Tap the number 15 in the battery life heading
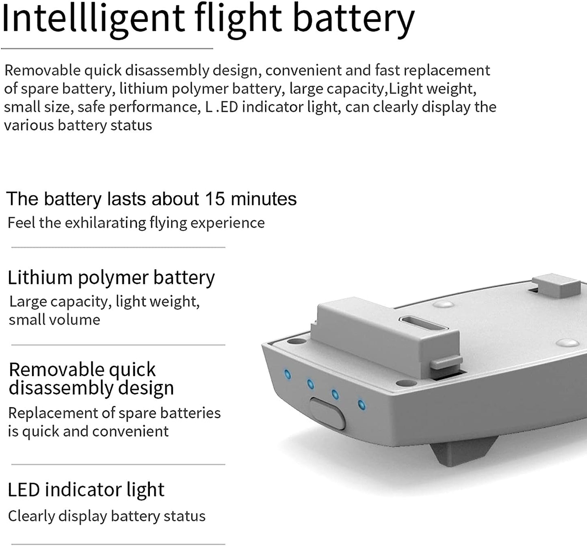[215, 199]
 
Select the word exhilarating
[106, 223]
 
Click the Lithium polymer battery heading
[111, 278]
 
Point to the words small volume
[54, 320]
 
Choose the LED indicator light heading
[86, 490]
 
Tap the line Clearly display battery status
[107, 516]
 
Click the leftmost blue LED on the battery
[287, 375]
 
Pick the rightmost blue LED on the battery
[361, 404]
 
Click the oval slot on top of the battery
[423, 324]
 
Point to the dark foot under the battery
[463, 451]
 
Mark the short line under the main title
[107, 48]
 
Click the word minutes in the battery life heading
[264, 199]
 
